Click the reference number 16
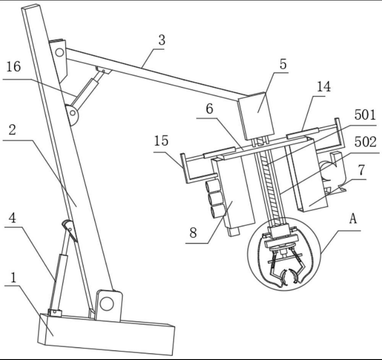point(13,67)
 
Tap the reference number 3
point(162,40)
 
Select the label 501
point(365,115)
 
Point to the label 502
point(365,142)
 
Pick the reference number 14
point(324,86)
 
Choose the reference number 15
point(161,140)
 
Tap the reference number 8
point(193,232)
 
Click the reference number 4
point(12,217)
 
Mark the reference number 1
point(14,277)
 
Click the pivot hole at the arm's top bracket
point(60,52)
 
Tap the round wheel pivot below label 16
point(72,113)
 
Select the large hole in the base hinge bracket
point(107,304)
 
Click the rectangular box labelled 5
point(256,116)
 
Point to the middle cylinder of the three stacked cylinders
point(216,199)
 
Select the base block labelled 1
point(106,334)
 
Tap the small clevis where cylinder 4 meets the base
point(55,313)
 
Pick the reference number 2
point(12,130)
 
